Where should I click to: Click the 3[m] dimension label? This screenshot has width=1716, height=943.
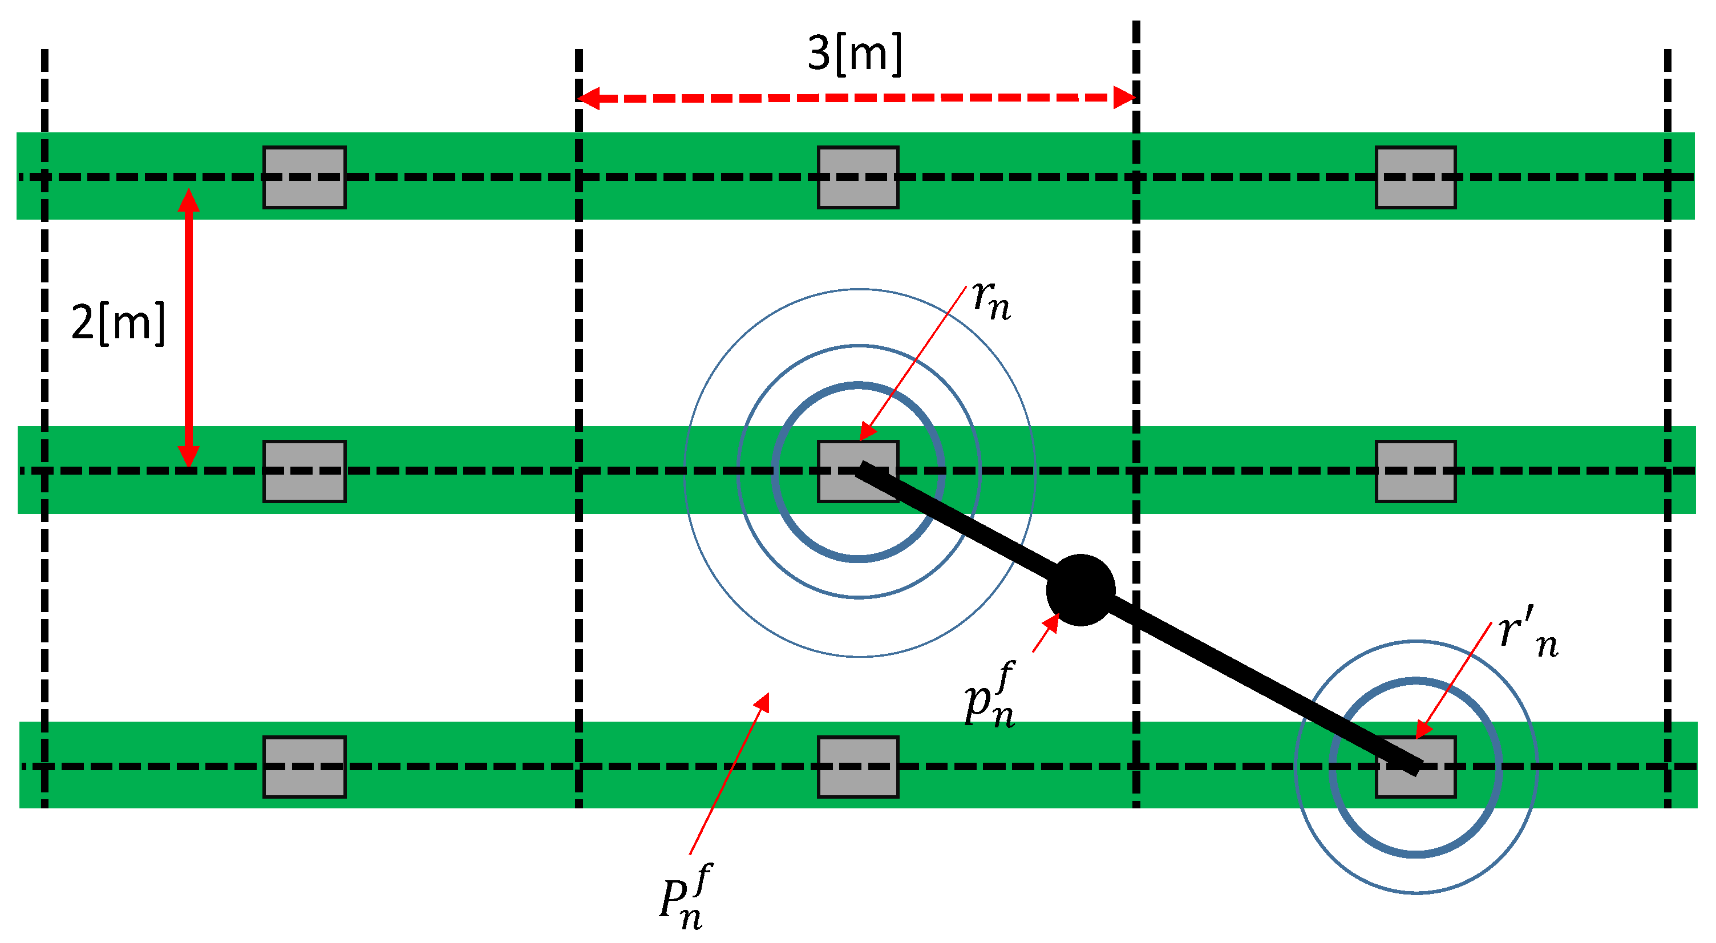(855, 53)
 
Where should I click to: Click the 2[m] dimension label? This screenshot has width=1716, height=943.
(118, 323)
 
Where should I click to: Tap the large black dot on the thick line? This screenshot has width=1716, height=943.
(1080, 589)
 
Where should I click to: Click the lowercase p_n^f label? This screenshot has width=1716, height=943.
(990, 696)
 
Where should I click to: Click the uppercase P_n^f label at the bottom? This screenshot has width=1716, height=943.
(684, 896)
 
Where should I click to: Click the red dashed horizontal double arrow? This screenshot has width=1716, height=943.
(856, 98)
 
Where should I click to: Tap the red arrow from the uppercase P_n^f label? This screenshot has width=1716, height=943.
(730, 772)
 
